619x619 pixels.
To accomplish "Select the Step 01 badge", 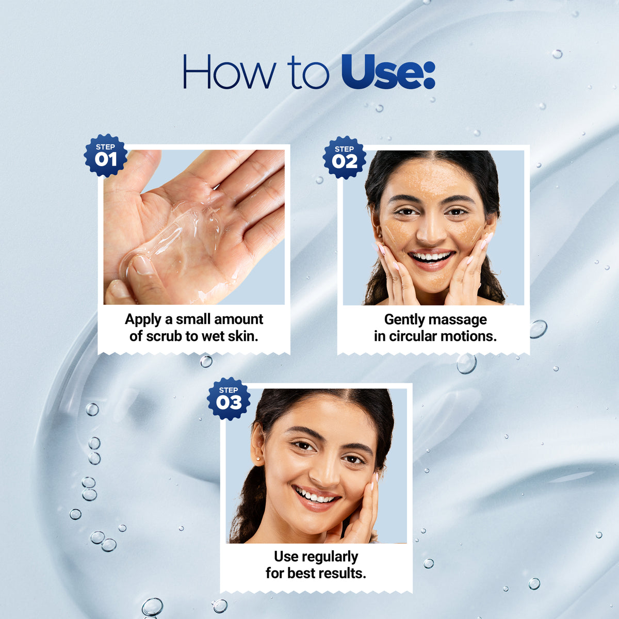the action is coord(105,155).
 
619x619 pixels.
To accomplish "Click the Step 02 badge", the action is coord(345,157).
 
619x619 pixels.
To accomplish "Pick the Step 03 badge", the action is coord(229,399).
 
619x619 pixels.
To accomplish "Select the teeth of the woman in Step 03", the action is coord(316,496).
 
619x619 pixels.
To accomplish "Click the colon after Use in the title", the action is coord(430,76).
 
